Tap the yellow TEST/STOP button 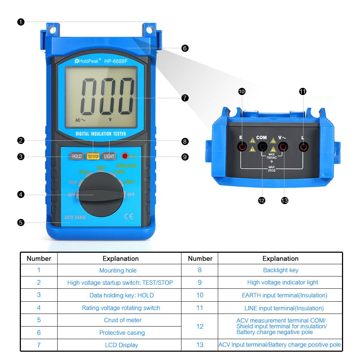point(93,156)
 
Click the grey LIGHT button point(109,156)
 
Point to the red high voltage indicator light point(125,156)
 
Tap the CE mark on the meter point(129,216)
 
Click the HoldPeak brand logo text point(86,61)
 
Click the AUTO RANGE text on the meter point(75,217)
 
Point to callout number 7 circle point(185,98)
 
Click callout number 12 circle point(262,201)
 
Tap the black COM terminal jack point(263,147)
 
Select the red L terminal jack point(304,147)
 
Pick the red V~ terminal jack point(283,147)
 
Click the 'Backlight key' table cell point(280,270)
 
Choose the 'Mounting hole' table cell point(118,270)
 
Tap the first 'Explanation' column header point(121,258)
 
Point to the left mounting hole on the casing point(53,30)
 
